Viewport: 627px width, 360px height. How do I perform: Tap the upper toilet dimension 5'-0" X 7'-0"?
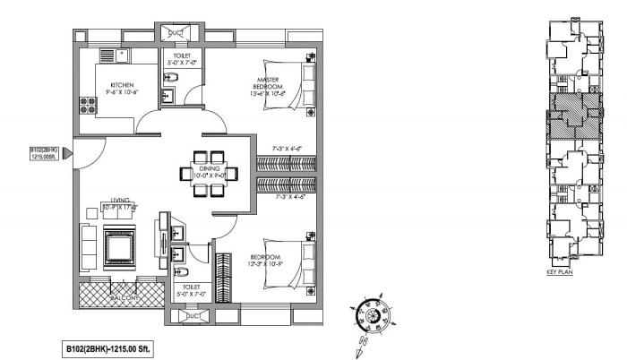(182, 64)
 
